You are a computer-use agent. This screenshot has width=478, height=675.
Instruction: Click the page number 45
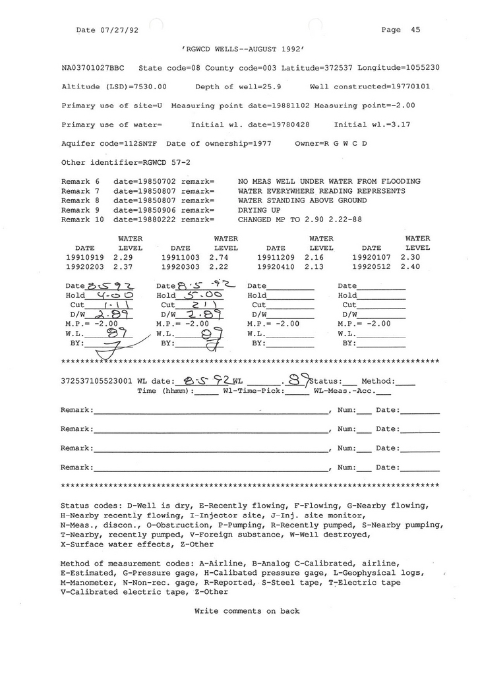point(415,30)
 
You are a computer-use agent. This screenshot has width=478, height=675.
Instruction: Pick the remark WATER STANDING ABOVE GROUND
point(303,200)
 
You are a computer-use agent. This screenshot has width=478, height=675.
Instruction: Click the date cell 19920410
point(276,267)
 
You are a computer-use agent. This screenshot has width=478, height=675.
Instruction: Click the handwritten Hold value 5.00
point(195,295)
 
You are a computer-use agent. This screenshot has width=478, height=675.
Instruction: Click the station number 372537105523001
point(96,381)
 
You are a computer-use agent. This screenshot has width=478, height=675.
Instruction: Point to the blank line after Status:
point(349,382)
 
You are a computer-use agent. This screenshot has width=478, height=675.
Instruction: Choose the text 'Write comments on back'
point(247,611)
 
